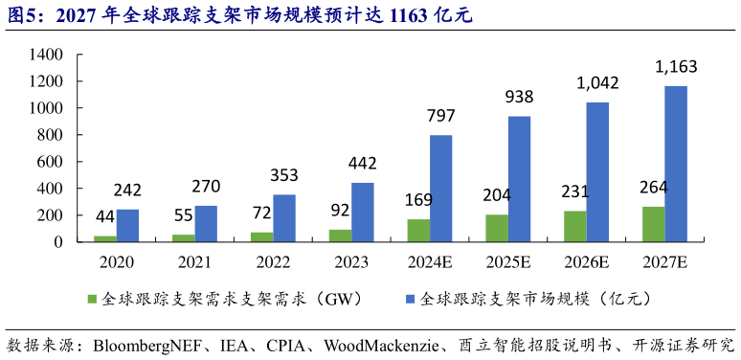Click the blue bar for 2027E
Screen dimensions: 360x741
point(676,164)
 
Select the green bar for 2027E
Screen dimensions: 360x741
point(653,224)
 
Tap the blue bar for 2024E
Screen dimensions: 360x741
point(440,189)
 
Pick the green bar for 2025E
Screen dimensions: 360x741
point(497,228)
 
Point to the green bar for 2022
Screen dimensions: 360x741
point(261,236)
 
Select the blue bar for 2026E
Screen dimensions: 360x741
point(597,172)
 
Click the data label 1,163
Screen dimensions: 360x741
point(676,67)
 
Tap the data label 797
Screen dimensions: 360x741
point(440,117)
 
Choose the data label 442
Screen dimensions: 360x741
point(363,164)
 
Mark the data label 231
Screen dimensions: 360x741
point(574,191)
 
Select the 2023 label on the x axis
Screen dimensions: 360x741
point(351,261)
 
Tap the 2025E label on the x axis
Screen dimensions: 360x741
point(508,261)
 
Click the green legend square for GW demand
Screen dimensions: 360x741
point(93,300)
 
